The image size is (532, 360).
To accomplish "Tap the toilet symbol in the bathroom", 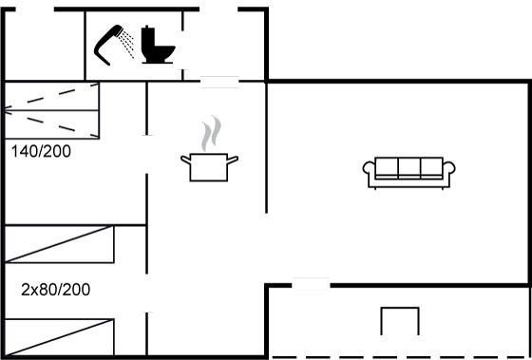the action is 157,45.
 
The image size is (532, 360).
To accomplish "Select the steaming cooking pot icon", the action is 209,149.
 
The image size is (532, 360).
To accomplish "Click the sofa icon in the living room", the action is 408,172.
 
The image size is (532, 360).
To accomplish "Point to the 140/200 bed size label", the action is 41,151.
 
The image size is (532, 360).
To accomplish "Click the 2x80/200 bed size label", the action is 56,290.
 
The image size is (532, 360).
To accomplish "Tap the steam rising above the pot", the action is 211,133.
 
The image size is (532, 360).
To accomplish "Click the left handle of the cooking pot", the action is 185,160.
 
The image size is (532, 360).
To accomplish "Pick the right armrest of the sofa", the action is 448,168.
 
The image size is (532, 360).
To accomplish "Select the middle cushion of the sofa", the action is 409,167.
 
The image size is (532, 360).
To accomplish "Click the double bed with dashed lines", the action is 51,110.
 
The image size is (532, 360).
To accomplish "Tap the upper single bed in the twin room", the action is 59,244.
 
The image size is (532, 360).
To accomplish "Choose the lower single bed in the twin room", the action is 59,337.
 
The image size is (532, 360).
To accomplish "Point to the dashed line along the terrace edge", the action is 400,357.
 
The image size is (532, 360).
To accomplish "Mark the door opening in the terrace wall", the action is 311,284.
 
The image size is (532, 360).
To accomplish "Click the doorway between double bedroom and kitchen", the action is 146,155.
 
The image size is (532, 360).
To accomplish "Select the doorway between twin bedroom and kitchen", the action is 146,293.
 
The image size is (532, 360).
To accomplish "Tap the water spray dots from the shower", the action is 128,44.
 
